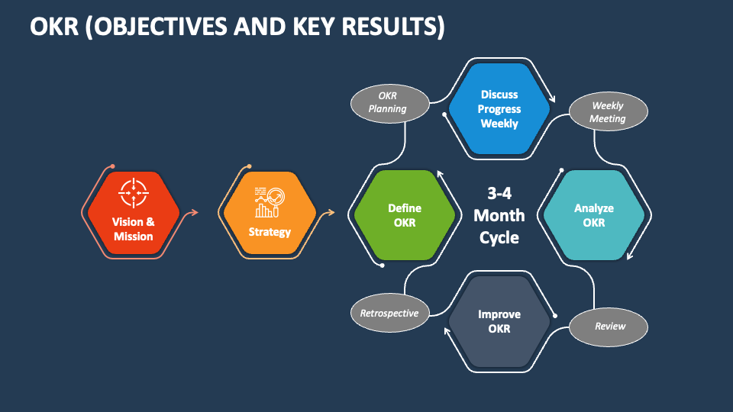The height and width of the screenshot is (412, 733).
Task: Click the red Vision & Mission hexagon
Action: point(133,211)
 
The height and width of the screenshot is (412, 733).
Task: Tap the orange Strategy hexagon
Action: point(270,211)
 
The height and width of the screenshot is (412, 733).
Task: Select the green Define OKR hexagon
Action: point(404,215)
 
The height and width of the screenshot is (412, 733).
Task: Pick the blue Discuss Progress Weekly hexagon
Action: point(499,108)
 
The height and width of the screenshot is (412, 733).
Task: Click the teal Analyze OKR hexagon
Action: point(593,215)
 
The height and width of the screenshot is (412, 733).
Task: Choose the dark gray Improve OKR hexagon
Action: point(499,321)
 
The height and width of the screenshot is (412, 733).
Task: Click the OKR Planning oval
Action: point(388,102)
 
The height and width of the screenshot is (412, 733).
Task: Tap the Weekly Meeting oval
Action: point(608,112)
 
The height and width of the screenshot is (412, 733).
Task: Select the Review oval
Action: point(609,327)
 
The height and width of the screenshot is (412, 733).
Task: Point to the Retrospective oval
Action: point(389,314)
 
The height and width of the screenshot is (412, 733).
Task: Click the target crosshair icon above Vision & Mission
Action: point(134,192)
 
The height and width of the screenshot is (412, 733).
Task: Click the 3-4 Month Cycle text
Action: point(499,215)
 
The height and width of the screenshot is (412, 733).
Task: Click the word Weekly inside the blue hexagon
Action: point(499,123)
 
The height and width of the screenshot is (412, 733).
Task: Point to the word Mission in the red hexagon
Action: point(134,237)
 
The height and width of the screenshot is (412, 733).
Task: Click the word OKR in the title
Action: point(52,26)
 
